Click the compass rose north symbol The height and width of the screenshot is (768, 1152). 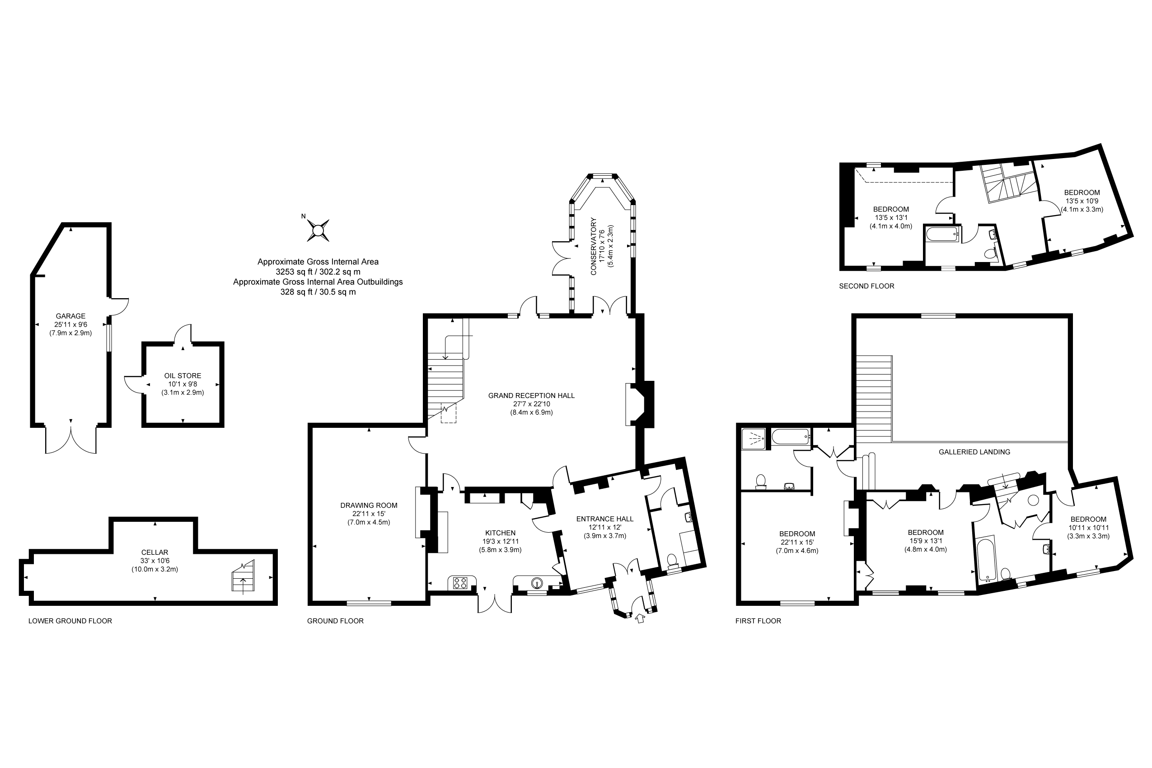(318, 229)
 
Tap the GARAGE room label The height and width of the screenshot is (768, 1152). (70, 316)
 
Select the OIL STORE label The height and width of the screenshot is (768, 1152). (183, 376)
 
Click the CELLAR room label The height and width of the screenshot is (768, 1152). (155, 552)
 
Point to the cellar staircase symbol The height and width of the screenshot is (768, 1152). (244, 577)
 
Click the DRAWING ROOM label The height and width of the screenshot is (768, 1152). (369, 506)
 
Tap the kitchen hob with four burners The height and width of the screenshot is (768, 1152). (460, 583)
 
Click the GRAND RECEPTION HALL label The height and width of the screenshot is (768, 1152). (531, 395)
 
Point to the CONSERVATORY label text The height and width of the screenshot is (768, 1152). (594, 246)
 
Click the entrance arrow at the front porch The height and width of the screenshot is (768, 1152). (640, 619)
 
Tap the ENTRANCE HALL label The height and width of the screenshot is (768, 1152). (605, 519)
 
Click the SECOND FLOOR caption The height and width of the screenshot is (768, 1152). (866, 286)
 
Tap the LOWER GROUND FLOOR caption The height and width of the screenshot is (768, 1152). (70, 621)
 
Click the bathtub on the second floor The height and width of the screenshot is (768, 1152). (942, 234)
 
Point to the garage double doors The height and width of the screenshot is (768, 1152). (71, 440)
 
